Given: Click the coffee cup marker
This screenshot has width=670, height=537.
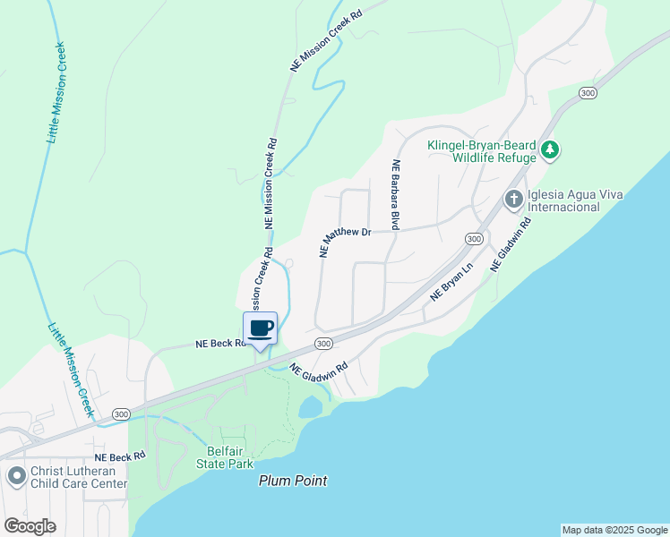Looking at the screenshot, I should point(261,328).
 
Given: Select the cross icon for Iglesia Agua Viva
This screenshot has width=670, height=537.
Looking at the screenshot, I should point(514,199).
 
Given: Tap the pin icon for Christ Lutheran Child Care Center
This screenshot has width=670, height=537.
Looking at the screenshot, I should point(15,476).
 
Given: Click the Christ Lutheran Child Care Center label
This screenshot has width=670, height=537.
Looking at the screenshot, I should point(79,477).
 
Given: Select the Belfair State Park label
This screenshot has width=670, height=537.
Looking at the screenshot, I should point(225,457).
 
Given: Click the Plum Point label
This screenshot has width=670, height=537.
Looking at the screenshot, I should point(293,481).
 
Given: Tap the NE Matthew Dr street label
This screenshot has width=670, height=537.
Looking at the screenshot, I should point(345,242).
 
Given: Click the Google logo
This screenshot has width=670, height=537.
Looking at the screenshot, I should point(30,525).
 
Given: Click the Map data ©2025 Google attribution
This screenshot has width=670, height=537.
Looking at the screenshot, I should point(614,530).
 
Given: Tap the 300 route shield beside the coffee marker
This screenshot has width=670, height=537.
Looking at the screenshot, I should point(323,343).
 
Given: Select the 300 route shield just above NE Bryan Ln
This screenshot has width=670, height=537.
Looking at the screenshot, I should point(474,239).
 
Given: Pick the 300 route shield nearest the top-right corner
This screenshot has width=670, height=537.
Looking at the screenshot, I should point(588,92).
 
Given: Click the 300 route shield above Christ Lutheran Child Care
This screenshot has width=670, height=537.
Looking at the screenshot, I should point(122,413).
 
